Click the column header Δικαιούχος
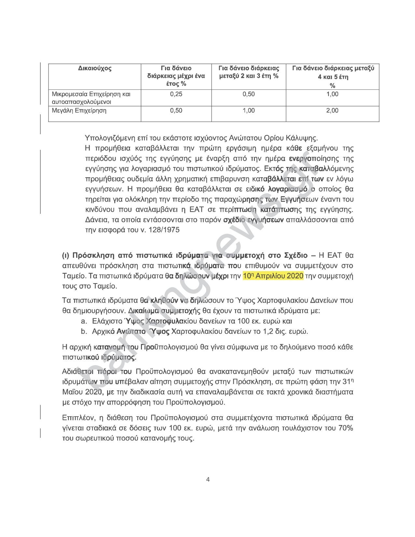click(x=95, y=68)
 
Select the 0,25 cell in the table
click(x=176, y=94)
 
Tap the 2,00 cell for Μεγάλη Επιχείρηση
click(x=332, y=111)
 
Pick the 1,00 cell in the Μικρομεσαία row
click(x=332, y=94)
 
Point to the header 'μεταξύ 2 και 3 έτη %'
click(x=249, y=76)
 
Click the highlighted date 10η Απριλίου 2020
click(x=273, y=276)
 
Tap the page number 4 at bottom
click(x=208, y=479)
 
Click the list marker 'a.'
click(x=84, y=321)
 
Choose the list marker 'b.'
click(x=84, y=332)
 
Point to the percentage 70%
click(x=346, y=428)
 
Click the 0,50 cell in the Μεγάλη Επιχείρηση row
click(x=176, y=111)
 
